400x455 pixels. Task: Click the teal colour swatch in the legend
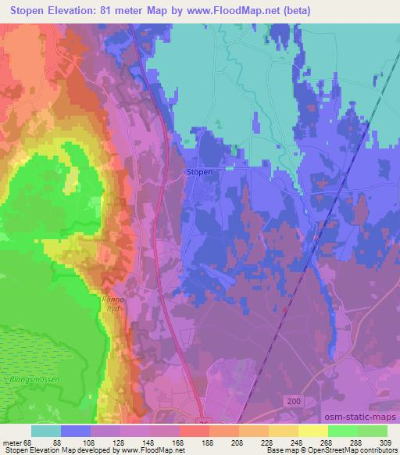pos(46,431)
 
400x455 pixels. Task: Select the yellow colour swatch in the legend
pos(312,431)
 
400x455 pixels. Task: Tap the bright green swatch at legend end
pos(372,431)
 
